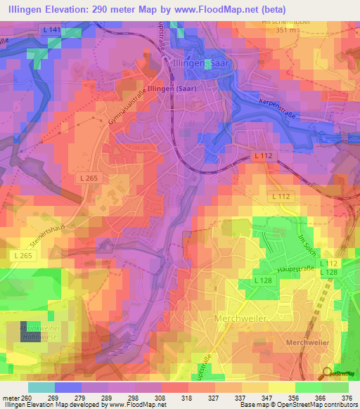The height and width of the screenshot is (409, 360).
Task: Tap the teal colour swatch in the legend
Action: click(41, 387)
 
